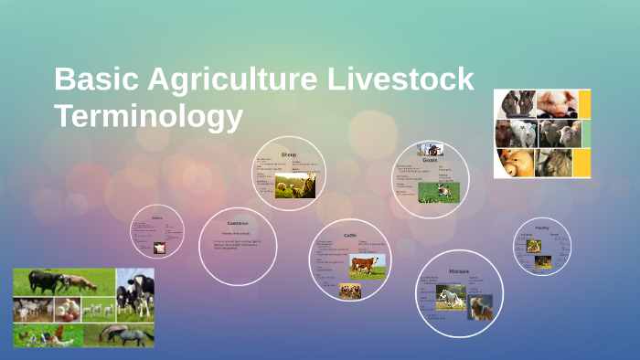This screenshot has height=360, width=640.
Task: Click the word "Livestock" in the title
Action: [403, 80]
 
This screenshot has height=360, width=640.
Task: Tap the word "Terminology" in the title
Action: [148, 117]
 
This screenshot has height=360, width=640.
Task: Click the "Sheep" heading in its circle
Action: [288, 154]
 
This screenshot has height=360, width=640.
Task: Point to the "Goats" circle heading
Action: [430, 159]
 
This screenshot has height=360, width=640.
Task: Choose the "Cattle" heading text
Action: [349, 235]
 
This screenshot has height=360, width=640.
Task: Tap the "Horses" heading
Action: [459, 270]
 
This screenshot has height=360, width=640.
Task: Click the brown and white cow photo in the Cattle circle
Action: [367, 265]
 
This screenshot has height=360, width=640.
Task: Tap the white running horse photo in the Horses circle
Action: [451, 297]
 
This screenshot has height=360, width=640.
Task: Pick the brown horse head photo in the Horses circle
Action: [481, 307]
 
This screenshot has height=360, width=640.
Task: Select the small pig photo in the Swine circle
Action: [159, 248]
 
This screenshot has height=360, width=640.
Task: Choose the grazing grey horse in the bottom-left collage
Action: [127, 334]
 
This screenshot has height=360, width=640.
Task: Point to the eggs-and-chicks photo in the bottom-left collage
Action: [67, 310]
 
